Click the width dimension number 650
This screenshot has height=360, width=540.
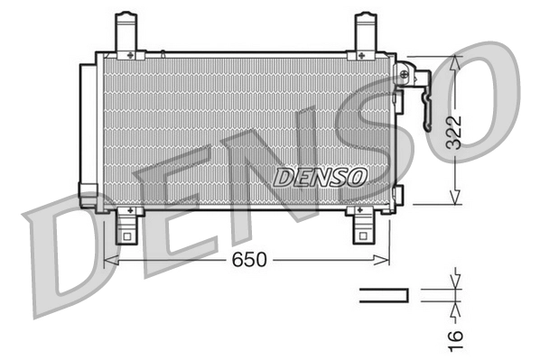click(249, 260)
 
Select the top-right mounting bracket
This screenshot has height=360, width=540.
click(365, 34)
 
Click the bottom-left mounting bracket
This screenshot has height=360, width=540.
click(129, 226)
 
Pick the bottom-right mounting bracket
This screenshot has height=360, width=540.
click(363, 226)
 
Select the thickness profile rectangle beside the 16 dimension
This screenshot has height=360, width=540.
click(384, 294)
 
